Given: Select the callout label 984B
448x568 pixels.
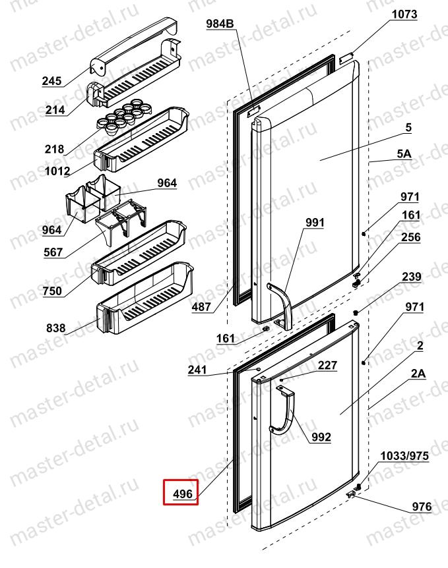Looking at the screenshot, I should coord(220,25).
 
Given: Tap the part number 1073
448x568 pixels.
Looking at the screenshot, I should coord(404,14).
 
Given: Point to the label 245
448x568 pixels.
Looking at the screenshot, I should coord(51,82).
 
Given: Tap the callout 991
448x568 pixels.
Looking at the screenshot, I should coord(314,223).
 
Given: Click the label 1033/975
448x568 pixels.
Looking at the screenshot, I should coord(404,455).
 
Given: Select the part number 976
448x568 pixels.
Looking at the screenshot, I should coord(420,507).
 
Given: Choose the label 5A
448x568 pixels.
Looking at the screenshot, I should coord(404,154).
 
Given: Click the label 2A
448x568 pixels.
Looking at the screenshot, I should coord(418,374).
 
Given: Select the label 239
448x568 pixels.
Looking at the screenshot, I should coord(412,278).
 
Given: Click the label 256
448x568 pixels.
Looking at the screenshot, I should coord(411,237).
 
